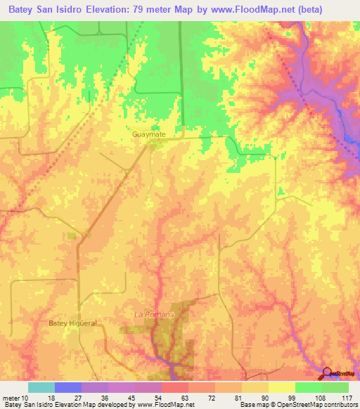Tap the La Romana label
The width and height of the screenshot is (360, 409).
pos(153,314)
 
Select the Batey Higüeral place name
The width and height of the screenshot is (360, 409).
pos(72,323)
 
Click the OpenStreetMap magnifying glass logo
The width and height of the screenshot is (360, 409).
pos(328,374)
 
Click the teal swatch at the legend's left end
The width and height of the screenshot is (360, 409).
pos(41,387)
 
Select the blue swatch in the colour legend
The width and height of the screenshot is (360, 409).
pos(67,387)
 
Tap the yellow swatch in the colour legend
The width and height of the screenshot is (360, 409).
pos(281,387)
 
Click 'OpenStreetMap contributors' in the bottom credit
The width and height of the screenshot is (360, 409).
pos(318,405)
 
